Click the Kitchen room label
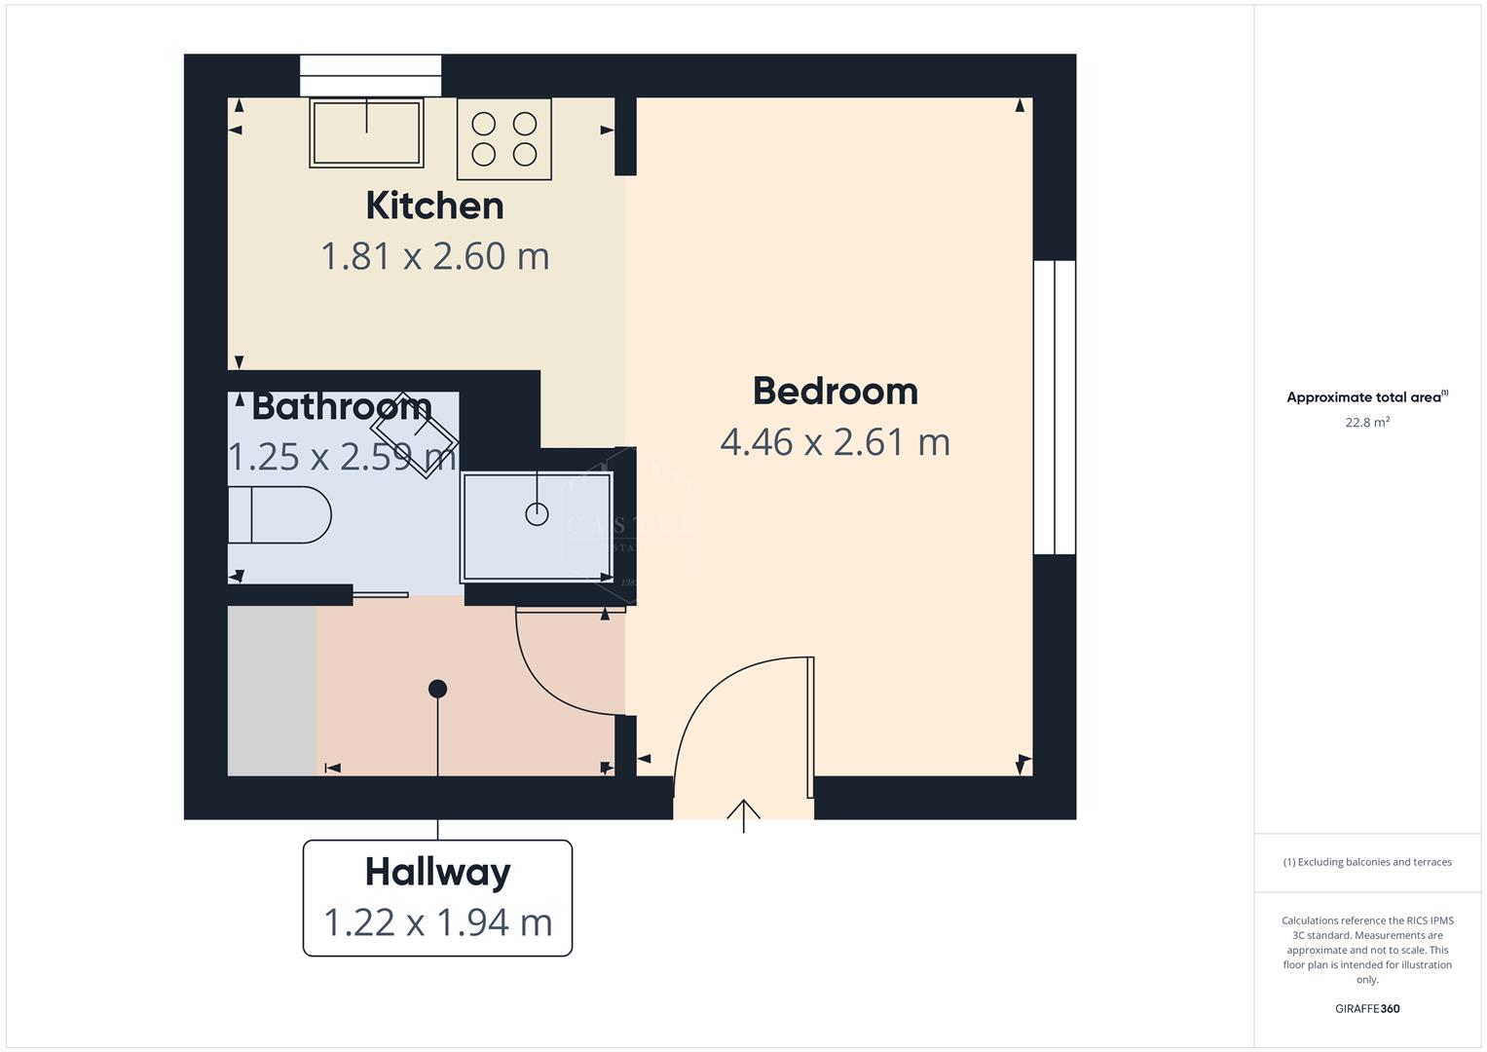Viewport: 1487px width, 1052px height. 434,206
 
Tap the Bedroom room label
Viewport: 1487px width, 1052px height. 835,391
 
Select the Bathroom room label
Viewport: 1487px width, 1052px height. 341,406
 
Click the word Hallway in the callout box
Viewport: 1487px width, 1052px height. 437,872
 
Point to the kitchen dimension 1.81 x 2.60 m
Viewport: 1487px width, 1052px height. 434,256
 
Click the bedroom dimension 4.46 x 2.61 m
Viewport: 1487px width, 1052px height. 835,442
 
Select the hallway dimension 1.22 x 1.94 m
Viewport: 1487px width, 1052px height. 437,922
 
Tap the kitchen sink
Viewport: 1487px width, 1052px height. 366,132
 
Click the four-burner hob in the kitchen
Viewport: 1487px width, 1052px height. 503,138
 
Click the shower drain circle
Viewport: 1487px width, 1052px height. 537,513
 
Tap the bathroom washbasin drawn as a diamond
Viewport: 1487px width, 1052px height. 415,435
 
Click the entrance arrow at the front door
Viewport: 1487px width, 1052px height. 744,814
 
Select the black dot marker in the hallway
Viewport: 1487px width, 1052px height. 437,689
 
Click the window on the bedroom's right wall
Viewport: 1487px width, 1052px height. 1055,407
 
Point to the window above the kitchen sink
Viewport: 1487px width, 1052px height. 370,75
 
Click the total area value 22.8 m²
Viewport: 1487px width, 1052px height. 1366,423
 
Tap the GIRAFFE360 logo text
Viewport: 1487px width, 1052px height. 1366,1009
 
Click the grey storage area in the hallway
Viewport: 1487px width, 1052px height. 272,691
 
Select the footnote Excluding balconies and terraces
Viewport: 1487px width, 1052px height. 1366,862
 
